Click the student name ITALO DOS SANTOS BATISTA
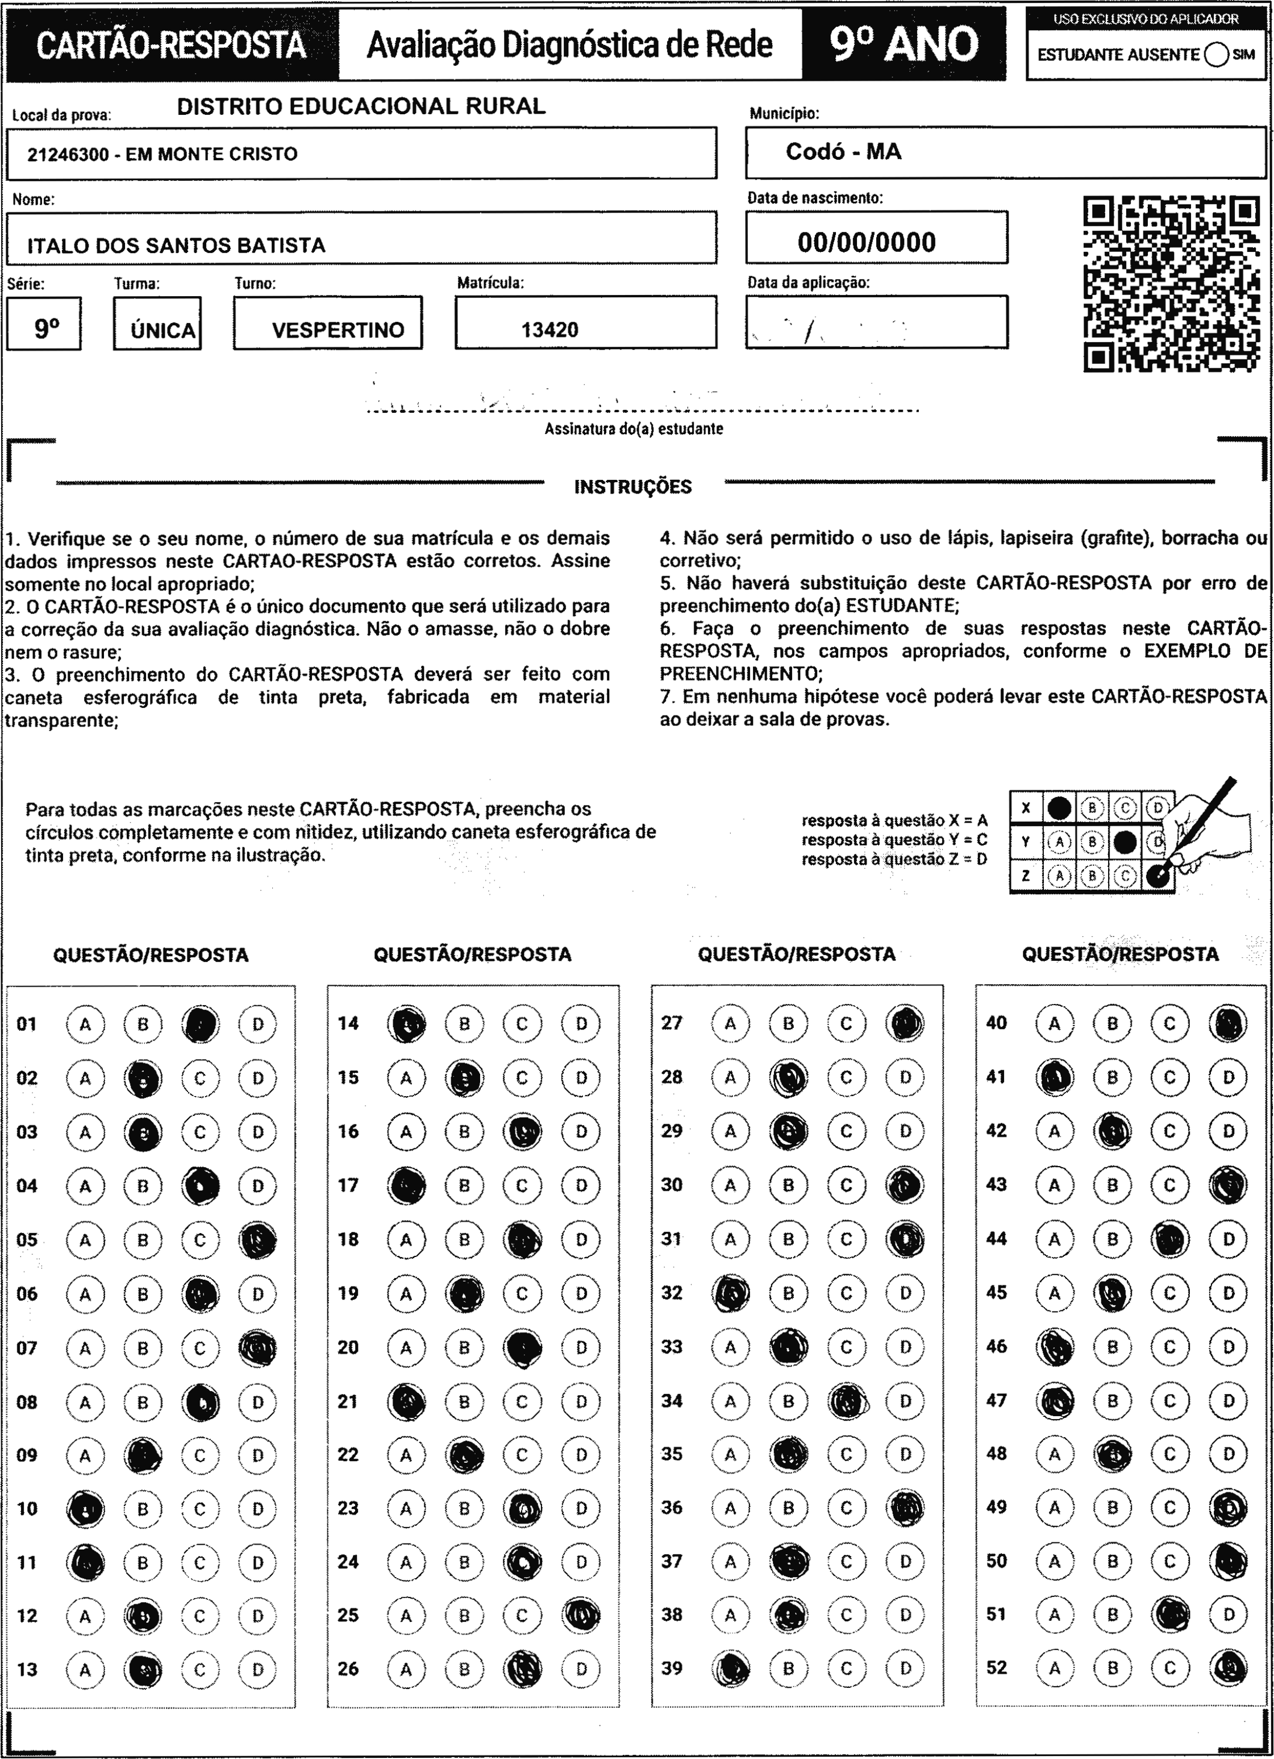coord(176,246)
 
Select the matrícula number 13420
coord(549,330)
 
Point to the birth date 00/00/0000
coord(866,243)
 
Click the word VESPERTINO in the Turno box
coord(338,330)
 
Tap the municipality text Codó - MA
coord(843,152)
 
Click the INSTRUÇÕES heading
coord(632,487)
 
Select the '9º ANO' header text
coord(904,44)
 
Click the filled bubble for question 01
coord(200,1024)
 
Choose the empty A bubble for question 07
coord(85,1348)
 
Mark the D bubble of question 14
coord(581,1024)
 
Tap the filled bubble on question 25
coord(581,1616)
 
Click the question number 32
coord(672,1293)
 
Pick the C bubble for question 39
coord(846,1669)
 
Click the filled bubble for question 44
coord(1169,1239)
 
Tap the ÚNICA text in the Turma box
coord(163,331)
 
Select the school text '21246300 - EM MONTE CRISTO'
coord(162,154)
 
